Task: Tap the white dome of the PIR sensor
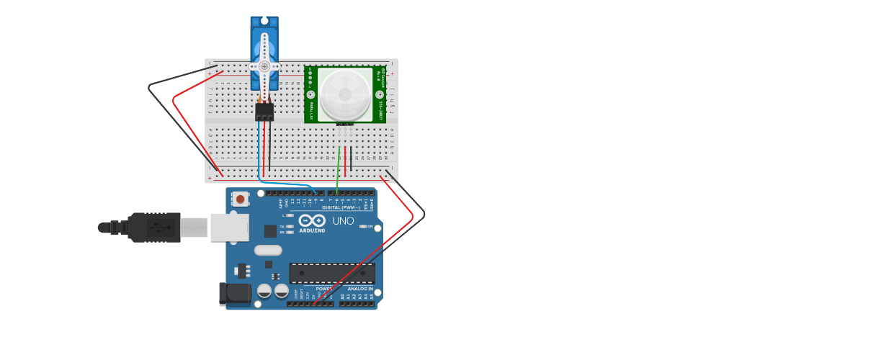(345, 94)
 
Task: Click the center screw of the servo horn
(264, 66)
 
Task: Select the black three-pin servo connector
(264, 112)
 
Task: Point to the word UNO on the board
(344, 221)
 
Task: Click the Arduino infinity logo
(312, 220)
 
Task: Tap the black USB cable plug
(154, 228)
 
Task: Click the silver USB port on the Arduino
(230, 228)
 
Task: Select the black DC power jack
(235, 294)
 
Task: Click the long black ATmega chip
(332, 274)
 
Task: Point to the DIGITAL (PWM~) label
(341, 207)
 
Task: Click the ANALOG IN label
(361, 289)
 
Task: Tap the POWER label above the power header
(324, 289)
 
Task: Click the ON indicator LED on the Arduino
(363, 227)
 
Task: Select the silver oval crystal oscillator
(268, 251)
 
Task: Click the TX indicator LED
(290, 226)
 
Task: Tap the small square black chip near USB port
(270, 230)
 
